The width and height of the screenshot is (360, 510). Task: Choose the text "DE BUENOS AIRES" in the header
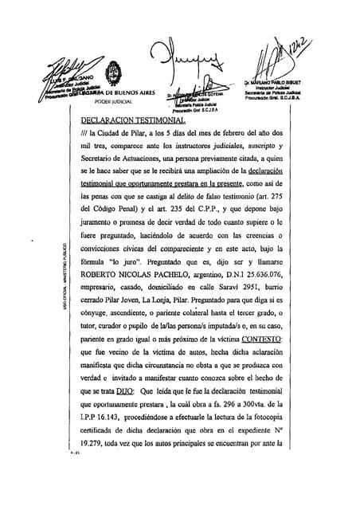click(x=120, y=92)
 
